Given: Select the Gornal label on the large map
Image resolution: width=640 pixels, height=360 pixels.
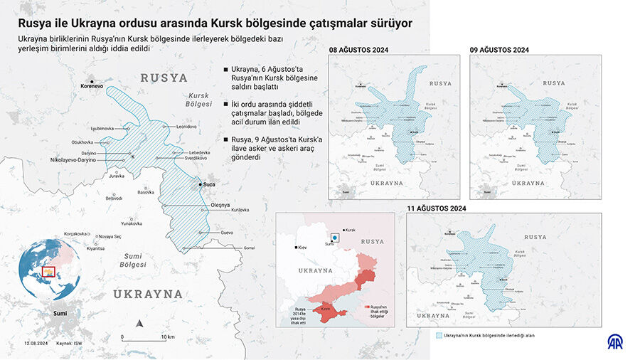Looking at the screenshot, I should tap(249, 248).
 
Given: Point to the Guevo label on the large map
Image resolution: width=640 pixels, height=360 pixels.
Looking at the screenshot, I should tap(227, 233).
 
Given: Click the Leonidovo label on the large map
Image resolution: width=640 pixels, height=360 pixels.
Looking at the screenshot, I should tap(186, 126).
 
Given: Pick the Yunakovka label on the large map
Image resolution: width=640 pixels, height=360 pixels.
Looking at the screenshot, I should tap(132, 223).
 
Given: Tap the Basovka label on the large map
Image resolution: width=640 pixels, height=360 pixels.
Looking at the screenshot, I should tap(145, 192).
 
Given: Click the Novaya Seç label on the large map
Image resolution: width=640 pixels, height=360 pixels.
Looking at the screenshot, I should tap(110, 236).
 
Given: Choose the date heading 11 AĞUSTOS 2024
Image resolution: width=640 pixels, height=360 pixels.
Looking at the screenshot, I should tap(436, 208).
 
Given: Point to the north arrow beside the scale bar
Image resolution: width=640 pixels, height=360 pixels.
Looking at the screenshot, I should tap(140, 324).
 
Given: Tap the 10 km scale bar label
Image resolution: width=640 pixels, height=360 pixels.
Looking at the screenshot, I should tap(168, 337).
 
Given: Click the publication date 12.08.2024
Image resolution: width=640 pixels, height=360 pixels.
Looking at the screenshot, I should tap(35, 344).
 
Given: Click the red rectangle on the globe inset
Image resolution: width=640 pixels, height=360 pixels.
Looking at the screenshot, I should tap(48, 270).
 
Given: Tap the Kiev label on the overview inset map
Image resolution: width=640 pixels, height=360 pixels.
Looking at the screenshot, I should tap(302, 247).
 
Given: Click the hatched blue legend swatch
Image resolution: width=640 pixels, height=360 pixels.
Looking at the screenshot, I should tap(437, 334).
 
